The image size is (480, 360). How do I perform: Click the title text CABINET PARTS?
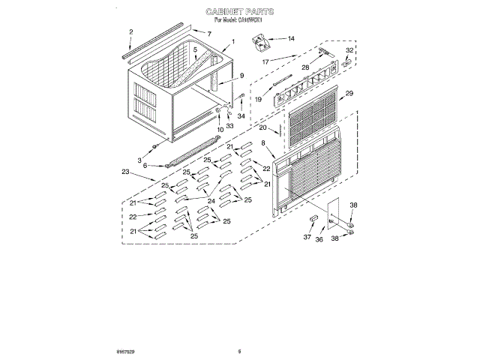(x=239, y=13)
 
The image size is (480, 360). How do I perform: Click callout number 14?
(x=291, y=38)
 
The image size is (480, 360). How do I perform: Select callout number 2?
(x=130, y=31)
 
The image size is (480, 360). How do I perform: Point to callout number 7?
(x=209, y=34)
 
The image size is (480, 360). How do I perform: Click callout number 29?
(x=349, y=94)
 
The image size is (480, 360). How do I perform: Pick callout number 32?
(x=349, y=50)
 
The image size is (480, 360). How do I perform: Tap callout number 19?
(x=258, y=98)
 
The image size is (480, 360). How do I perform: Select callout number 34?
(x=241, y=116)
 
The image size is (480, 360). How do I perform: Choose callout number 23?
(x=125, y=172)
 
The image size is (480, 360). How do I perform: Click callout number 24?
(x=211, y=201)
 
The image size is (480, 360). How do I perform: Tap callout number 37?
(x=306, y=238)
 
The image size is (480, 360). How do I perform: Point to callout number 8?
(x=263, y=153)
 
